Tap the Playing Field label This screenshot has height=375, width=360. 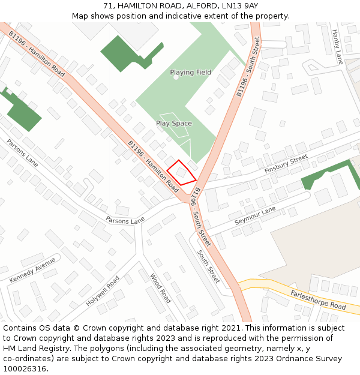tap(190, 73)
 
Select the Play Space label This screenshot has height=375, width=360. tap(174, 124)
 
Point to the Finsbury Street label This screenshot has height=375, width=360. tap(286, 164)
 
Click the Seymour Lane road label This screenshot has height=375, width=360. tap(255, 215)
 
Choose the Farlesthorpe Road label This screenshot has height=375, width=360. tap(318, 298)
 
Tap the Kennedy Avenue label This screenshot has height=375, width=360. tap(32, 270)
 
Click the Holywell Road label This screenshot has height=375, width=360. tap(103, 291)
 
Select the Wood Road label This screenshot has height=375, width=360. tap(160, 288)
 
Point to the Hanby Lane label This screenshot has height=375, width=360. tap(337, 47)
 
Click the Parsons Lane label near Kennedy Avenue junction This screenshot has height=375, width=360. tap(125, 221)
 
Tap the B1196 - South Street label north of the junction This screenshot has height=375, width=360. tap(248, 67)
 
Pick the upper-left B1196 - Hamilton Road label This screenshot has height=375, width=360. tap(36, 53)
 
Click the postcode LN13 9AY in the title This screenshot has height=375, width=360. tap(239, 5)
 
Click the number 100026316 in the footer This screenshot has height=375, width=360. tap(25, 368)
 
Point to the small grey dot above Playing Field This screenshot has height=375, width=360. tap(176, 77)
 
